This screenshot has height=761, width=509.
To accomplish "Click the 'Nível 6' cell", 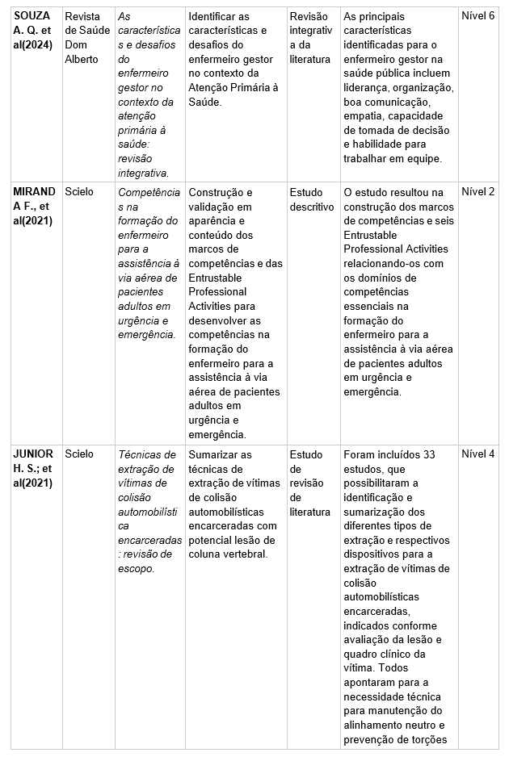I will pyautogui.click(x=477, y=17).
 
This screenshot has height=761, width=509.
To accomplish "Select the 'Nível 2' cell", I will pyautogui.click(x=477, y=192).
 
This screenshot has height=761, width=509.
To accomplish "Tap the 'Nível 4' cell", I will pyautogui.click(x=477, y=454).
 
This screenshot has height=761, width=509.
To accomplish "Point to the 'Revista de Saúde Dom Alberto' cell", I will pyautogui.click(x=86, y=38).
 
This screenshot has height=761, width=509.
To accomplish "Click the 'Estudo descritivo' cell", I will pyautogui.click(x=311, y=199).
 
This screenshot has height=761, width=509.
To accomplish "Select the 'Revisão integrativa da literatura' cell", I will pyautogui.click(x=310, y=38).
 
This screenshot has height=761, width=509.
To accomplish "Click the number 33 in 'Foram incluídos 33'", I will pyautogui.click(x=428, y=454).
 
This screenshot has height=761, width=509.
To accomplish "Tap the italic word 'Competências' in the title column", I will pyautogui.click(x=149, y=192).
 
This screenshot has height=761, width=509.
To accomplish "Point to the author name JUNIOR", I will pyautogui.click(x=33, y=454).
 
